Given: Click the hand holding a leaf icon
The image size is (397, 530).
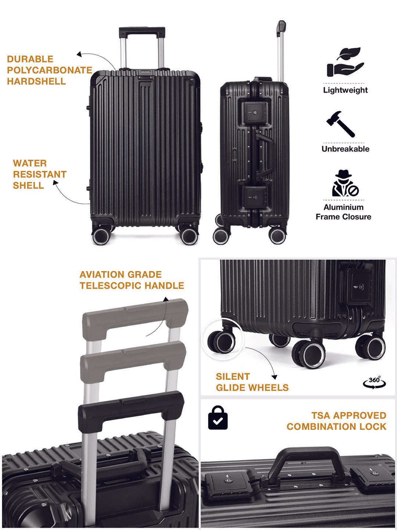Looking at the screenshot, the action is (x=345, y=62).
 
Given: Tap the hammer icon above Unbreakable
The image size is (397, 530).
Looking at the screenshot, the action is (x=340, y=124).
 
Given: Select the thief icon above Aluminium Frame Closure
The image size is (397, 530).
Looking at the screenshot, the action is (x=345, y=183).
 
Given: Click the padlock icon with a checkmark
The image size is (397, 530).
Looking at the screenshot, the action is (x=218, y=417).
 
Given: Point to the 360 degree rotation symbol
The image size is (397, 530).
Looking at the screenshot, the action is (x=374, y=382).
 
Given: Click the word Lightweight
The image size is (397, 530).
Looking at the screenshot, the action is (x=345, y=90).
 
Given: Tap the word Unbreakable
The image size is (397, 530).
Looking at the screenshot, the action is (x=345, y=149).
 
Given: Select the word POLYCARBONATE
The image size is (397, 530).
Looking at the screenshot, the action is (x=49, y=70).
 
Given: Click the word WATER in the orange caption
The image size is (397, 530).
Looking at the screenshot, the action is (x=30, y=163).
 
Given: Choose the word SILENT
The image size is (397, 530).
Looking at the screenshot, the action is (x=233, y=377).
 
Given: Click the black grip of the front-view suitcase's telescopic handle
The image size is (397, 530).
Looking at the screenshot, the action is (x=142, y=32).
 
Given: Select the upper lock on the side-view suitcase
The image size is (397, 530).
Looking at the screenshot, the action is (x=254, y=113).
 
